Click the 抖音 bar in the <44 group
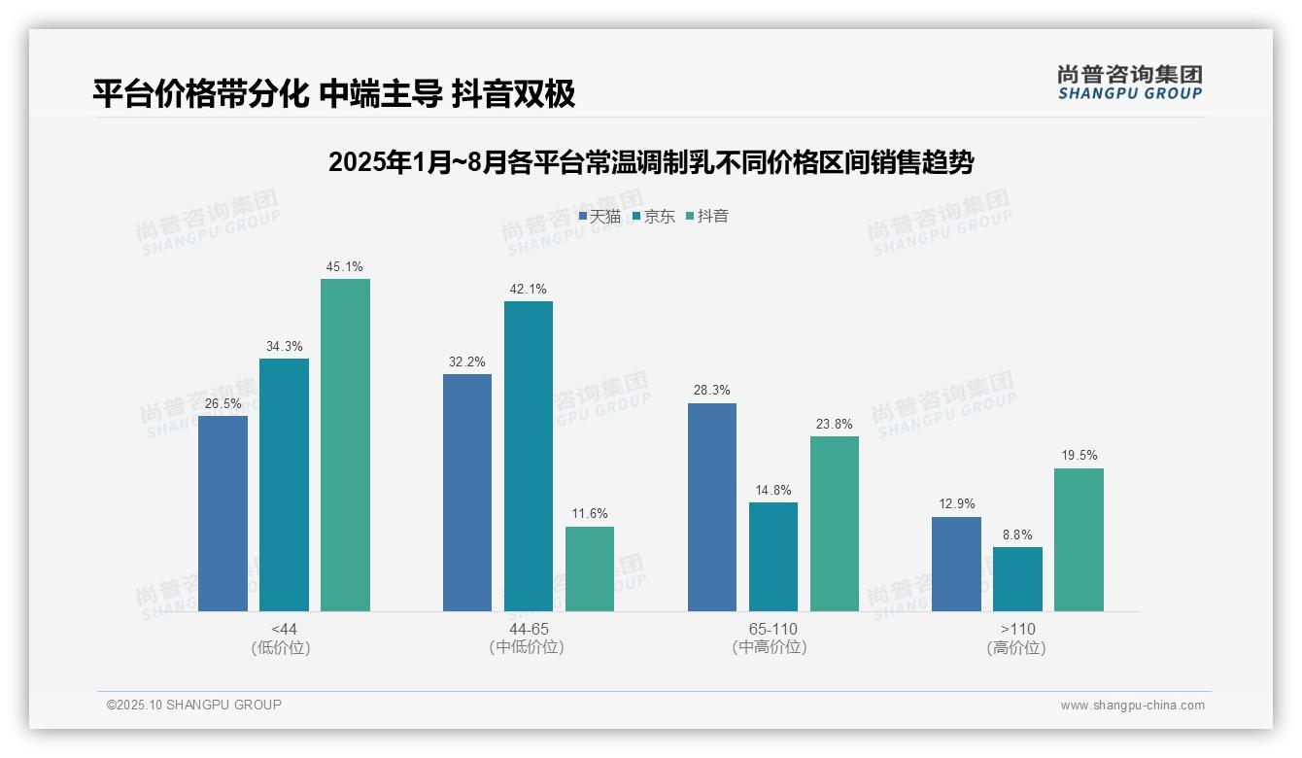(x=345, y=445)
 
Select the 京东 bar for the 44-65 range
(x=528, y=456)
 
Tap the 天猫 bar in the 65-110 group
(x=711, y=507)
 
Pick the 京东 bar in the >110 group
(x=1017, y=579)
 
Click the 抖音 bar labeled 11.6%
(x=590, y=568)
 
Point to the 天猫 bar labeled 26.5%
(x=223, y=513)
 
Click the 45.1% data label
(x=345, y=267)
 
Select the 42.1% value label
(x=528, y=290)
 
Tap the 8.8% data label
(x=1017, y=535)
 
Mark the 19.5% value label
(x=1079, y=456)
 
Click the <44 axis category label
(x=284, y=630)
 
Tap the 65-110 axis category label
(x=772, y=630)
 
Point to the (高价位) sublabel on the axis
(x=1016, y=648)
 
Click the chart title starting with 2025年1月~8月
(x=651, y=162)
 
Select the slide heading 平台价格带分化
(x=334, y=93)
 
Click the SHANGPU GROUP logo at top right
(x=1129, y=83)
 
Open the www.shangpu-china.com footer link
(x=1132, y=706)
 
